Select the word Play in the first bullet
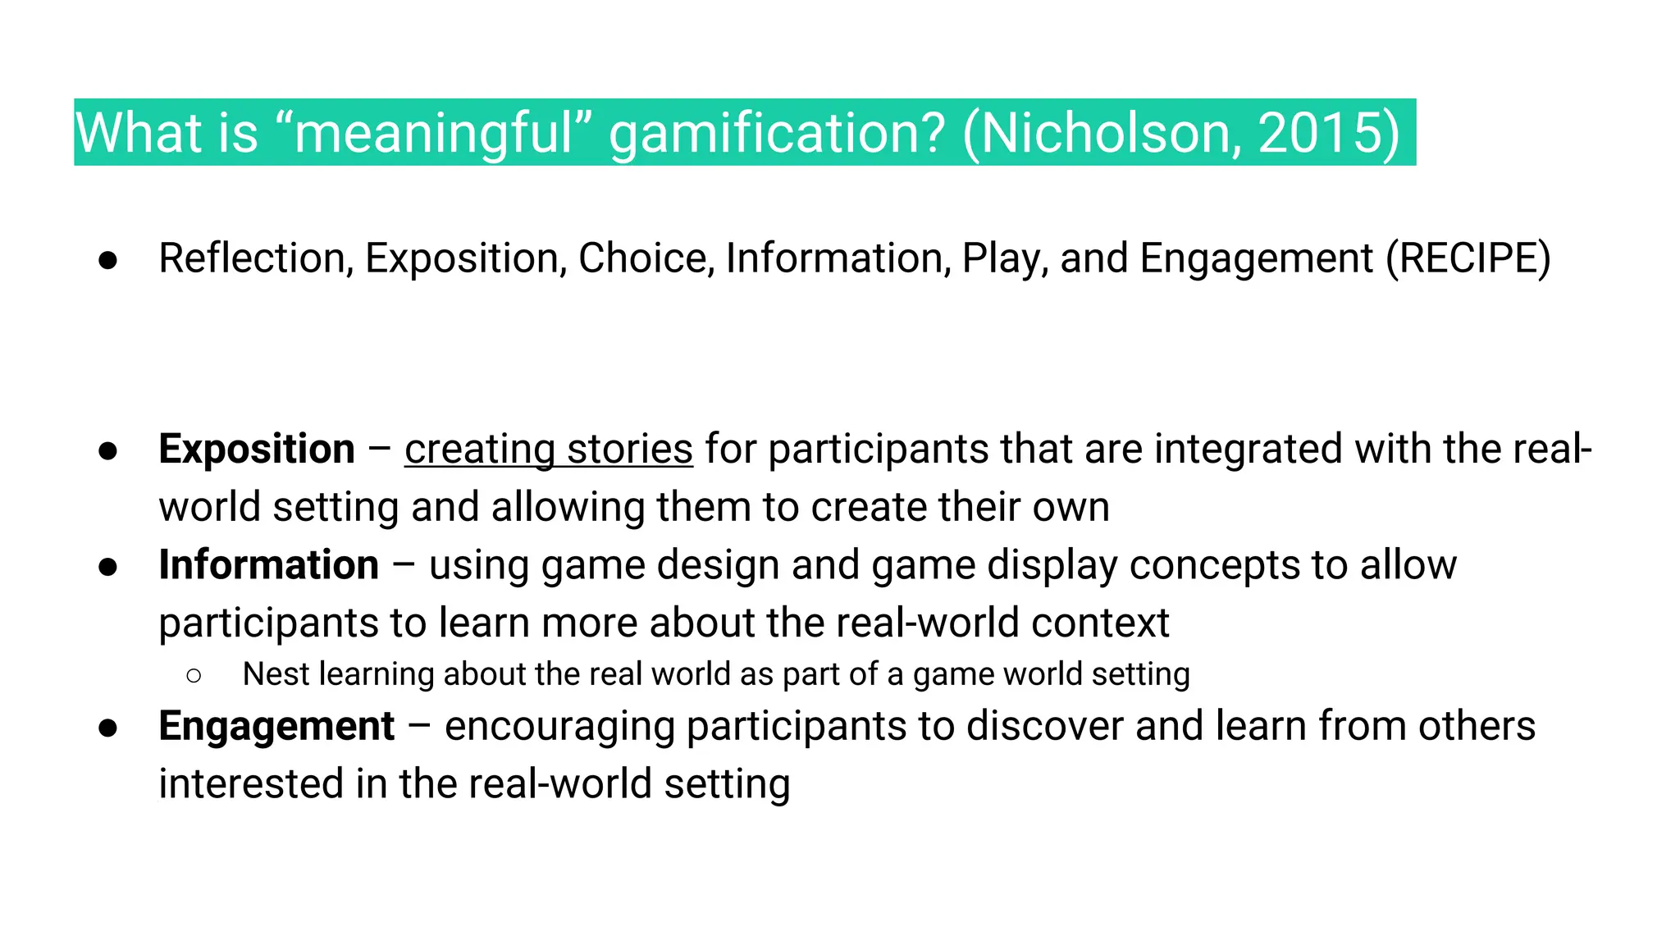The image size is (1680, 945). [1004, 258]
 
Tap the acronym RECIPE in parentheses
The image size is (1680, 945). [1468, 258]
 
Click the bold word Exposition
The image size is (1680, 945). [257, 449]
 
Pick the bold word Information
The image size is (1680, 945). [269, 564]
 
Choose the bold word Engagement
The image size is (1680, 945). [276, 726]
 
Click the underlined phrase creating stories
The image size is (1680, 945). [549, 449]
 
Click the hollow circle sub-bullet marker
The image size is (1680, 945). [194, 676]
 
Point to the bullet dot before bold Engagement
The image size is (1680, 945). [107, 728]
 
